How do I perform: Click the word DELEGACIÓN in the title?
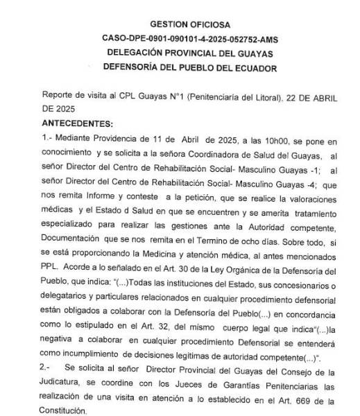pyautogui.click(x=132, y=53)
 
